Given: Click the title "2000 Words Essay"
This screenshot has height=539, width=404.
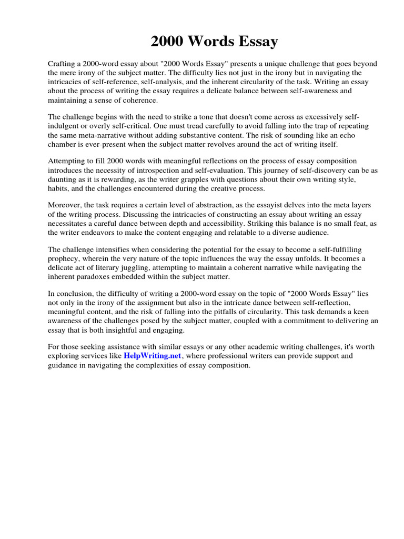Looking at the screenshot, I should pyautogui.click(x=214, y=42).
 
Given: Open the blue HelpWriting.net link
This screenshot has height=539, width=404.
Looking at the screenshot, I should pyautogui.click(x=153, y=356).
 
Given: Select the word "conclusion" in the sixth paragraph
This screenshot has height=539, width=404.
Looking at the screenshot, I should pyautogui.click(x=73, y=294).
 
